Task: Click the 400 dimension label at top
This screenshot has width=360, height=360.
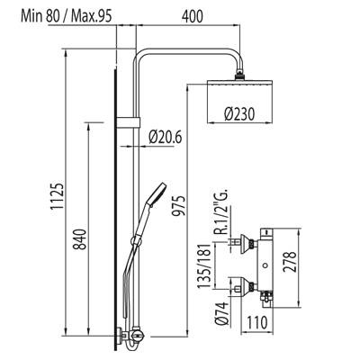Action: (x=193, y=16)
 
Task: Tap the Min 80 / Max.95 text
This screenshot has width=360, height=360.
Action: (x=67, y=16)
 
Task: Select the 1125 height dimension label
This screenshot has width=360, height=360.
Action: (x=57, y=196)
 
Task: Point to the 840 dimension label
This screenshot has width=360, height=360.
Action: (x=80, y=239)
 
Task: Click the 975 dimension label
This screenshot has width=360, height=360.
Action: (x=179, y=206)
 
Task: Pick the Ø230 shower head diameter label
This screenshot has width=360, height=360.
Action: (x=239, y=114)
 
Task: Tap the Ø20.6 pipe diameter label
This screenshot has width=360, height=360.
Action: (x=166, y=137)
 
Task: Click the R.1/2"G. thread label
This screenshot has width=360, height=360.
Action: (x=222, y=211)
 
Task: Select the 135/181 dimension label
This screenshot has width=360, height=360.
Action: (x=205, y=265)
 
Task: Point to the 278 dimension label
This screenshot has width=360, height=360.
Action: (x=290, y=262)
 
